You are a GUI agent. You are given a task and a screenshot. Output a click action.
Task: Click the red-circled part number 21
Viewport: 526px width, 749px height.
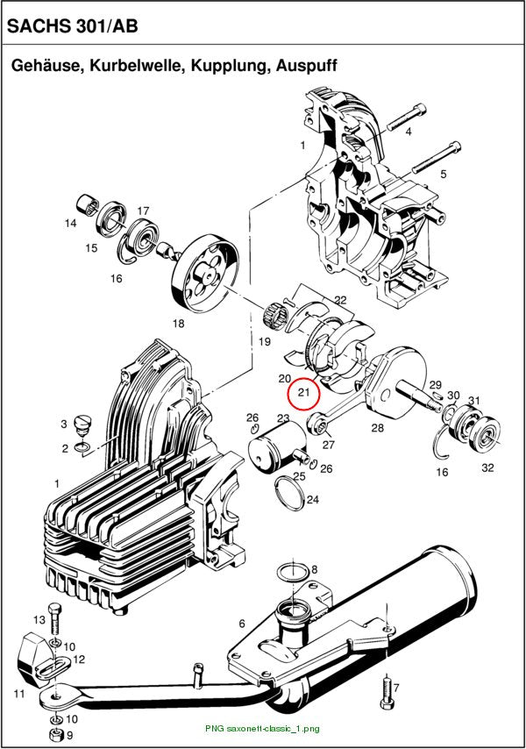point(304,393)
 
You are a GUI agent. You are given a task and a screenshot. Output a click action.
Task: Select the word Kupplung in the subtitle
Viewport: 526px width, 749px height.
point(231,65)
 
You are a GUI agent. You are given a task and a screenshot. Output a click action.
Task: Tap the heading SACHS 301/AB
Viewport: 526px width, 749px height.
point(73,25)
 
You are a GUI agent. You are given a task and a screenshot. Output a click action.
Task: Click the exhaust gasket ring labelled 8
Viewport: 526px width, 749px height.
point(294,573)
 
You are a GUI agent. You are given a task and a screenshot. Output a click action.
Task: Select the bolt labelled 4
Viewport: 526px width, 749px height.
point(406,117)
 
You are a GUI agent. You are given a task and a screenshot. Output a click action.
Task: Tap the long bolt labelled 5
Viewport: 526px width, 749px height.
point(436,157)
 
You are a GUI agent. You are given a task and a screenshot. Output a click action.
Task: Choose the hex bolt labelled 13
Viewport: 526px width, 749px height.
point(54,620)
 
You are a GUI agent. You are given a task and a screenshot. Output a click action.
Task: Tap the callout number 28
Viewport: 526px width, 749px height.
point(377,427)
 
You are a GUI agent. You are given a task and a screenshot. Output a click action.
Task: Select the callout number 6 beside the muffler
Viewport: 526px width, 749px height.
point(242,624)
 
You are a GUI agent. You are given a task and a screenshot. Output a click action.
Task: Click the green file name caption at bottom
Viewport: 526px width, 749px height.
point(262,729)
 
